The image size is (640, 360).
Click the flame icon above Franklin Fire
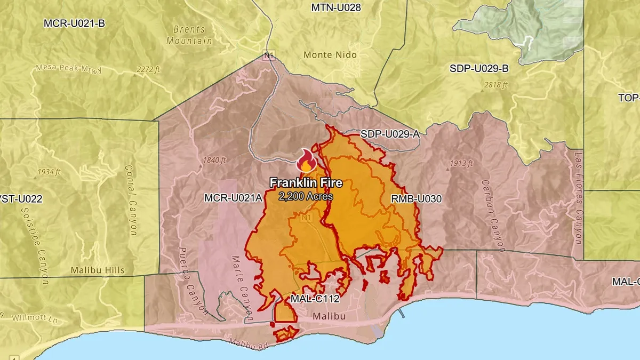306,160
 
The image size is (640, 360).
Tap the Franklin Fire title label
306,183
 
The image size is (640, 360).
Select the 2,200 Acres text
306,196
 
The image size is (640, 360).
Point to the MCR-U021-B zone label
74,23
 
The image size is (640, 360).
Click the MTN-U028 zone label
335,7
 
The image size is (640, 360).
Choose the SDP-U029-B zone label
479,68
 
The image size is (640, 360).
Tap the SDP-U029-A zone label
390,134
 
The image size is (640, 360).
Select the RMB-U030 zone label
417,198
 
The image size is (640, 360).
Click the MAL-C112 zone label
315,299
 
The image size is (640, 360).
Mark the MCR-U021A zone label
233,198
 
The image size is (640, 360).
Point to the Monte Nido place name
330,55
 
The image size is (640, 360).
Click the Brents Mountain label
189,35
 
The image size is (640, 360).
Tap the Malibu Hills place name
98,270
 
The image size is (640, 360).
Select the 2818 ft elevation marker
495,85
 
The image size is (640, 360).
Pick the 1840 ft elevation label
215,160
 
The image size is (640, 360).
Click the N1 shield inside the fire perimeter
306,219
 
